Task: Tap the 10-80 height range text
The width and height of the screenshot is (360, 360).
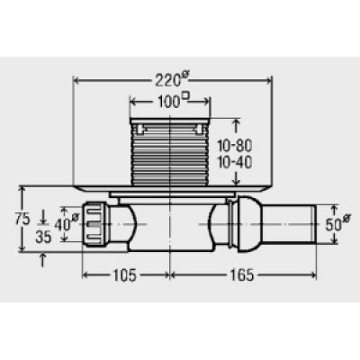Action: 235,146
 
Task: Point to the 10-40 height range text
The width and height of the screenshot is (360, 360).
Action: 235,163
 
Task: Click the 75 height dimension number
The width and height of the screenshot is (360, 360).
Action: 22,219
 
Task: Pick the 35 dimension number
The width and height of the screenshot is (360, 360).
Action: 43,238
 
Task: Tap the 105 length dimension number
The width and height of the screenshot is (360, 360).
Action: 124,275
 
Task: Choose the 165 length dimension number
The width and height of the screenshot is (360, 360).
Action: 242,275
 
